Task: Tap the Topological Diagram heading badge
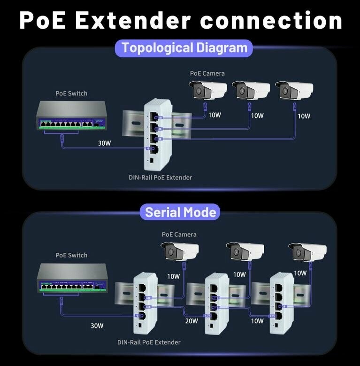184,48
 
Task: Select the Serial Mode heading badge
180,212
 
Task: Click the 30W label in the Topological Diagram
104,143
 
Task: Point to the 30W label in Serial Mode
97,325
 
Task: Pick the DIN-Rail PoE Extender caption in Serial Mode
149,342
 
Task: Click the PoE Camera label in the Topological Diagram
207,73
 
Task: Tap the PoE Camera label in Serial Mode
179,234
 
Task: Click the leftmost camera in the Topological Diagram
207,90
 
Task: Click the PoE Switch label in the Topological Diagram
71,93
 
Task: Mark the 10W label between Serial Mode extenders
257,321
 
